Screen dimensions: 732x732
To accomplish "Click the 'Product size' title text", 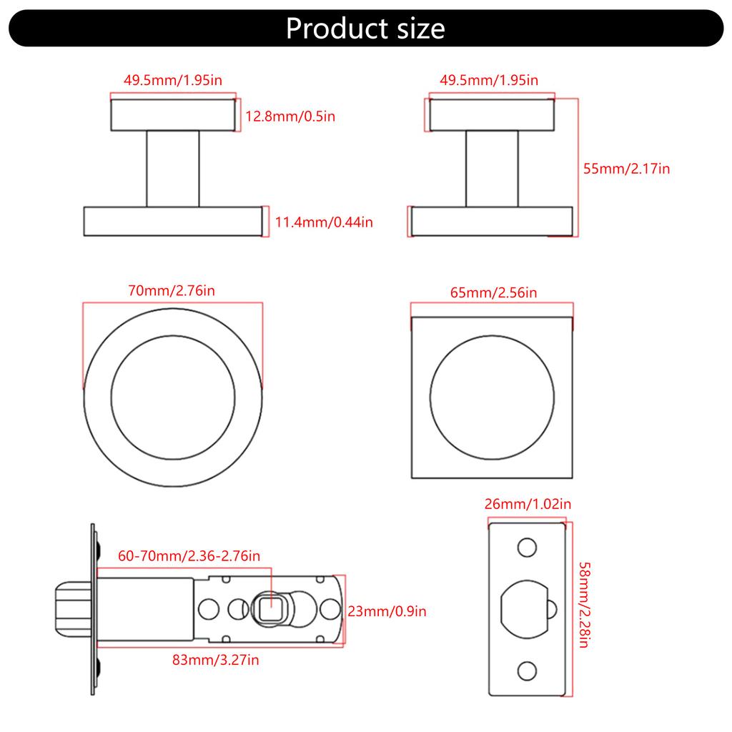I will pyautogui.click(x=365, y=29).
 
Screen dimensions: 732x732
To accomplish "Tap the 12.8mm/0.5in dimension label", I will pyautogui.click(x=290, y=116).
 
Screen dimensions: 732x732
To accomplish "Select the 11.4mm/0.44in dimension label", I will pyautogui.click(x=324, y=222).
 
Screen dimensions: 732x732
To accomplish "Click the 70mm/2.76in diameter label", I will pyautogui.click(x=172, y=291).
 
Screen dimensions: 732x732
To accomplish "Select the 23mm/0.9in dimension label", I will pyautogui.click(x=387, y=611).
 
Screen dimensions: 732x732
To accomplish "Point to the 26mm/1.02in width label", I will pyautogui.click(x=528, y=504).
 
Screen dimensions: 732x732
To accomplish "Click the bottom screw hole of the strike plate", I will pyautogui.click(x=527, y=671).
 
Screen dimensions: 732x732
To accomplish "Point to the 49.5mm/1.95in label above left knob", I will pyautogui.click(x=173, y=80).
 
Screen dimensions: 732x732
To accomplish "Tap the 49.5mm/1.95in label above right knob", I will pyautogui.click(x=489, y=80).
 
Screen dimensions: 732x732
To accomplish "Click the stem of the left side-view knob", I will pyautogui.click(x=173, y=169).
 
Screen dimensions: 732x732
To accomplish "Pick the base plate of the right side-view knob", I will pyautogui.click(x=492, y=221).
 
